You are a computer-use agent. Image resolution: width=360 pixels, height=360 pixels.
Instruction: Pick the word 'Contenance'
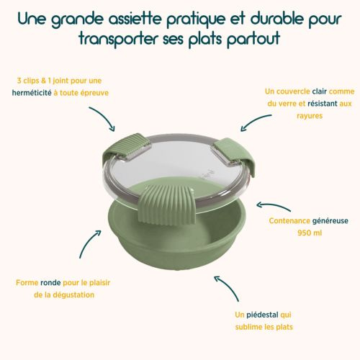(x=291, y=221)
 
